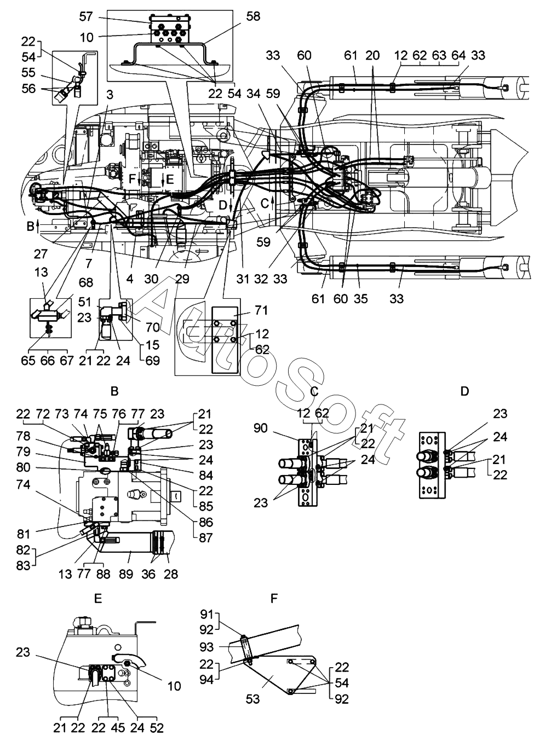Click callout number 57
(x=86, y=16)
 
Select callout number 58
(x=253, y=16)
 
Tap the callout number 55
(x=28, y=73)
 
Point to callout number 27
(x=41, y=254)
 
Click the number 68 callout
(x=86, y=282)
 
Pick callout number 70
(x=153, y=327)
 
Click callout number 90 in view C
(x=261, y=428)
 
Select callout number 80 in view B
(x=23, y=467)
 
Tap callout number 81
(x=23, y=534)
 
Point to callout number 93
(x=207, y=647)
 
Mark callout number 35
(x=360, y=299)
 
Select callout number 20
(x=372, y=55)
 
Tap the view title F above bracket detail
(x=274, y=598)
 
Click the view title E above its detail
(x=98, y=598)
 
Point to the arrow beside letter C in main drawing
(x=273, y=204)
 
